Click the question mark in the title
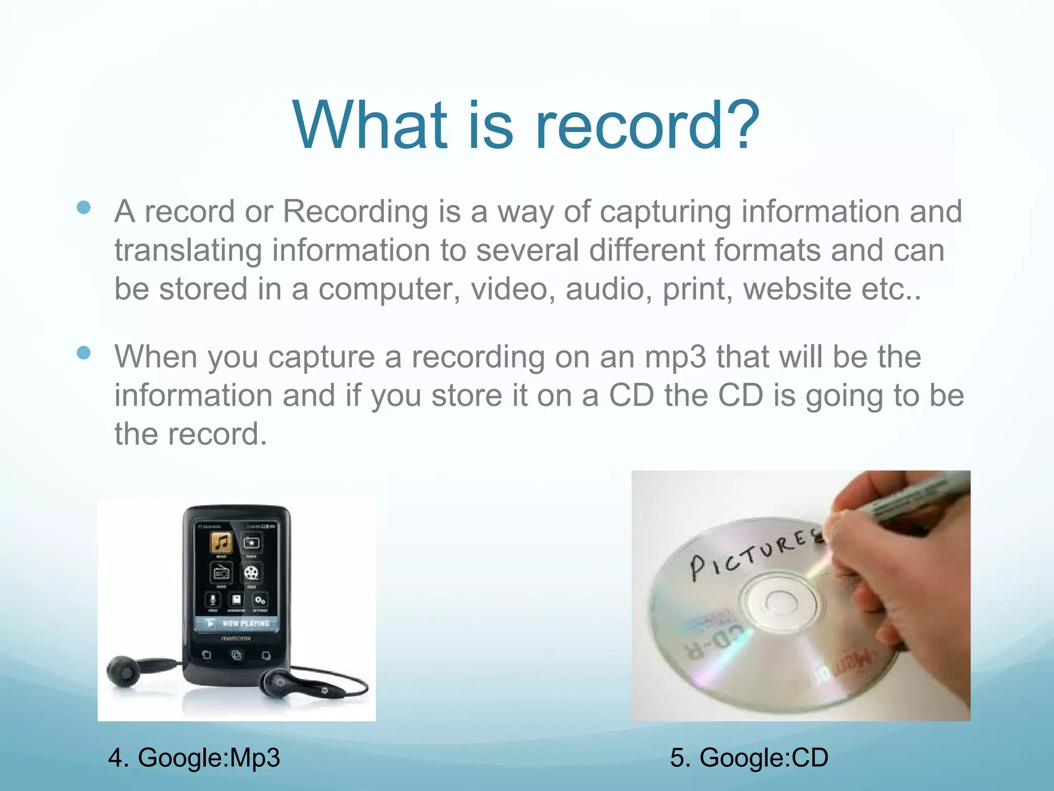(x=740, y=125)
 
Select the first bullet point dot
(x=83, y=208)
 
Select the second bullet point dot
(x=83, y=353)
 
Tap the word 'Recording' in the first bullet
(x=355, y=211)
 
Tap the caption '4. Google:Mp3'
(x=194, y=758)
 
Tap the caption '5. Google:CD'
(x=749, y=758)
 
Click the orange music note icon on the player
(x=221, y=542)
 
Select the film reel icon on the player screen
(x=251, y=573)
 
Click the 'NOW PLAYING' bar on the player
(x=237, y=623)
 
